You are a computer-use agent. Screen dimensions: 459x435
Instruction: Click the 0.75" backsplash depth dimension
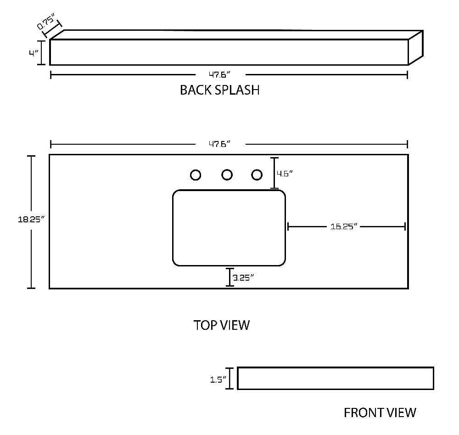[x=45, y=23]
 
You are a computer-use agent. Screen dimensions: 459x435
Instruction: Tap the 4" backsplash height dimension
[x=34, y=53]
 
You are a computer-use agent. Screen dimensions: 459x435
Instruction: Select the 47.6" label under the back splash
[x=219, y=75]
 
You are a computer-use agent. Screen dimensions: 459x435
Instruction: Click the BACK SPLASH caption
[x=220, y=90]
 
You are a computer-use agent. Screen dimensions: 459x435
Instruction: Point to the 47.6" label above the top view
[x=219, y=144]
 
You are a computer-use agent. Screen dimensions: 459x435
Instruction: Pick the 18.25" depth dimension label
[x=31, y=219]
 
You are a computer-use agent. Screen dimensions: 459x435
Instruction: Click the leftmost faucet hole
[x=196, y=175]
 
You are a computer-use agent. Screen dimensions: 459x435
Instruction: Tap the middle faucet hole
[x=227, y=175]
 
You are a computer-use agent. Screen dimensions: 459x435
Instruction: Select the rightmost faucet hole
[x=257, y=175]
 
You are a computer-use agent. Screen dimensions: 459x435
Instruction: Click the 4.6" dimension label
[x=285, y=174]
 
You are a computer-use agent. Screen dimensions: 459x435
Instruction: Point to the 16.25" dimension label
[x=344, y=226]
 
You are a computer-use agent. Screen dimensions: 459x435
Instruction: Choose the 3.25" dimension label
[x=243, y=277]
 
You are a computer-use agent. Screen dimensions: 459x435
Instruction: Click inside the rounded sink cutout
[x=229, y=228]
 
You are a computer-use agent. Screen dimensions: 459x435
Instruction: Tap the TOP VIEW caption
[x=222, y=325]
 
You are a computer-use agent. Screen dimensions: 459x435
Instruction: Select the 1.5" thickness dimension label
[x=218, y=379]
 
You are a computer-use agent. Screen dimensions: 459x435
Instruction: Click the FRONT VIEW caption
[x=380, y=413]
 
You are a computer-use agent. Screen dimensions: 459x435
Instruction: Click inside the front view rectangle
[x=336, y=378]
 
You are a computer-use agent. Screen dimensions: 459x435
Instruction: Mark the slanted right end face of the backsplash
[x=416, y=47]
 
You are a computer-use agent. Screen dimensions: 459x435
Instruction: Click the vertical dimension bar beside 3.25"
[x=230, y=277]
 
